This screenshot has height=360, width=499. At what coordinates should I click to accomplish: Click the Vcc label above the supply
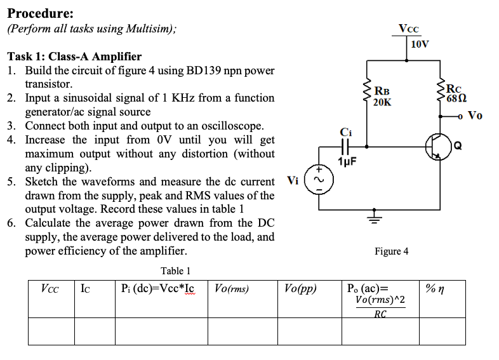pos(408,29)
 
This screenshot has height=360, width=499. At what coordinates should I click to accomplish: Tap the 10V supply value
pos(420,44)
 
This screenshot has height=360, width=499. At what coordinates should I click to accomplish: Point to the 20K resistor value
pos(383,102)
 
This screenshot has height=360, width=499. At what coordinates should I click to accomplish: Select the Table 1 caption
pos(176,271)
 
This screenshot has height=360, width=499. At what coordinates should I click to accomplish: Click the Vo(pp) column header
pos(302,289)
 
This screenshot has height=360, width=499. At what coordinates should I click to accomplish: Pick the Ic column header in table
pos(85,289)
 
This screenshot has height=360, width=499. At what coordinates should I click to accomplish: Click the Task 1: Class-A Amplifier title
pos(74,57)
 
